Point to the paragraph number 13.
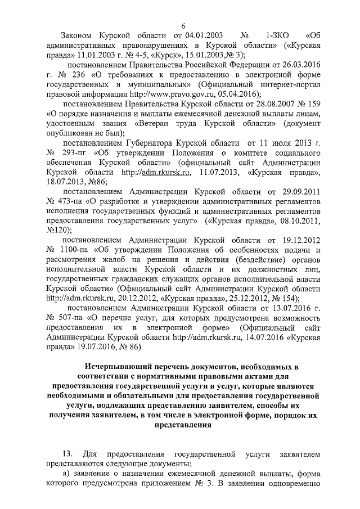point(69,453)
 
